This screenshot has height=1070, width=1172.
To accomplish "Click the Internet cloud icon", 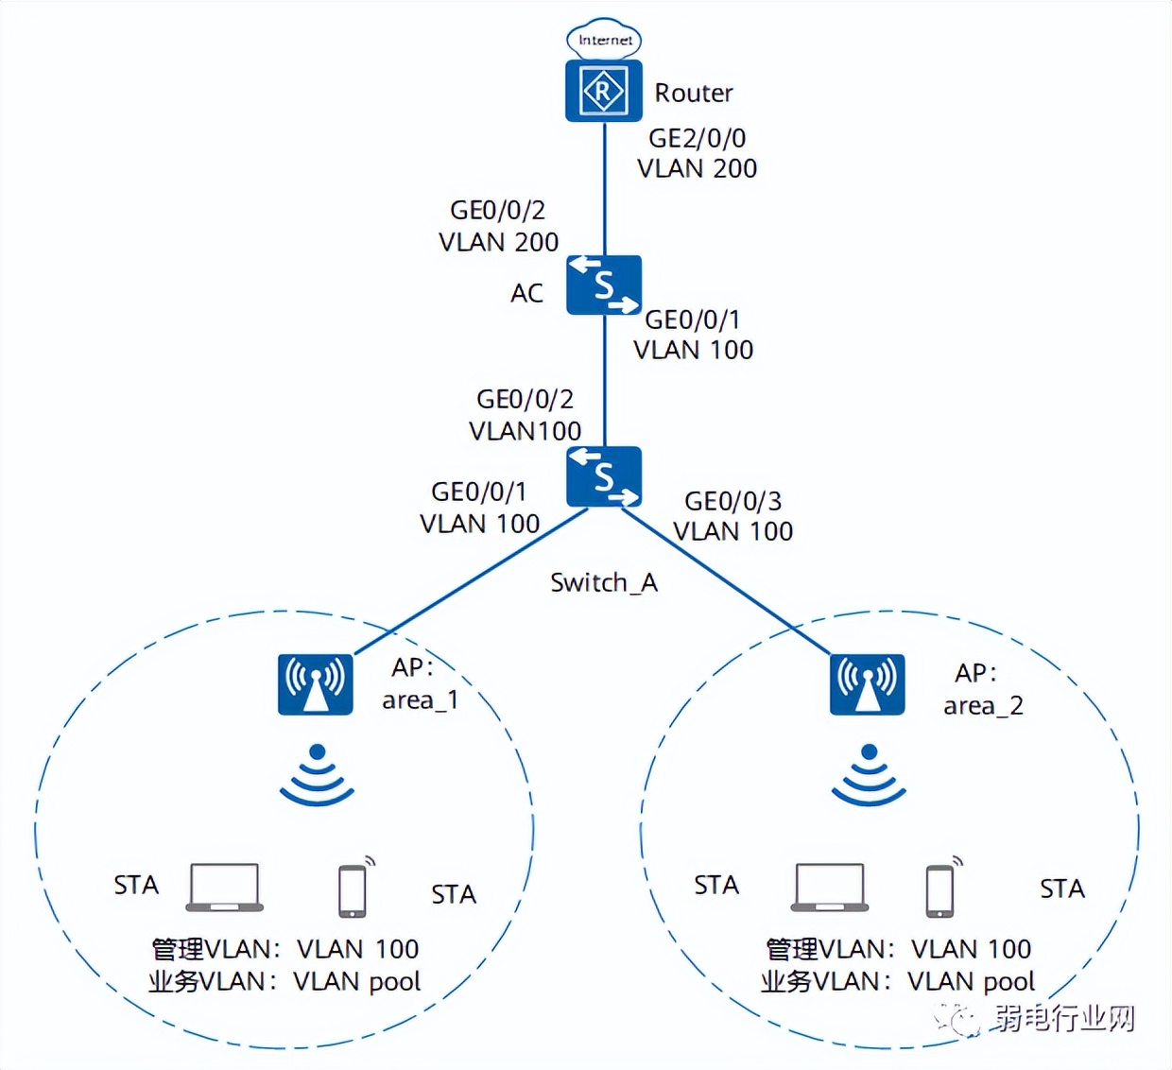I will point(604,40).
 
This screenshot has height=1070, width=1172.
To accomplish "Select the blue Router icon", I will point(604,91).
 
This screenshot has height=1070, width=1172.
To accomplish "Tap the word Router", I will point(694,93).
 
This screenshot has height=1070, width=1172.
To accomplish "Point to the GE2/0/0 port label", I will point(697,138).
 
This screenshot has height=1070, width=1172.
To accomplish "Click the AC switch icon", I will point(604,285).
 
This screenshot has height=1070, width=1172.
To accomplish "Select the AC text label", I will point(526,293).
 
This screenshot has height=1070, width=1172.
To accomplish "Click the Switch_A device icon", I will point(604,476).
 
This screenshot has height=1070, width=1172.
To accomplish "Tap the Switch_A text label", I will point(604,582).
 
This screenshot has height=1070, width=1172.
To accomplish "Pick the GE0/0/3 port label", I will point(732,501).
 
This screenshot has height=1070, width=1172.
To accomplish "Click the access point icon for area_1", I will point(316,684).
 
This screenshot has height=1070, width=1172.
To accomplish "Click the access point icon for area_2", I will point(867,684).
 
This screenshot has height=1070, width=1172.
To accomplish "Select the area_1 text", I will point(420,700).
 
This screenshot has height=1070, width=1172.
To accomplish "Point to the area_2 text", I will point(983,706).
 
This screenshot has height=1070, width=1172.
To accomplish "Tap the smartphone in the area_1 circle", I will point(353,889).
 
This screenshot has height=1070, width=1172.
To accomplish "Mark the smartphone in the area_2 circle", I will point(940,889).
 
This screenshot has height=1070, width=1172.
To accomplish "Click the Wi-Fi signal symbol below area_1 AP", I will point(317,776).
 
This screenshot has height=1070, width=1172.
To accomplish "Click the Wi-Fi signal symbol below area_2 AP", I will point(869,776).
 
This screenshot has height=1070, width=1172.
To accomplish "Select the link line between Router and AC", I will point(605,189).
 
